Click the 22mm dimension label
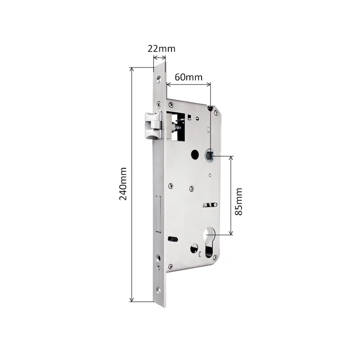click(161, 49)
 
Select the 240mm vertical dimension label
click(123, 184)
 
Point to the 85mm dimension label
click(239, 201)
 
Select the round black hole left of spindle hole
click(194, 155)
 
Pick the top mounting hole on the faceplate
click(158, 81)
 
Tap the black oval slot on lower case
click(171, 238)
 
